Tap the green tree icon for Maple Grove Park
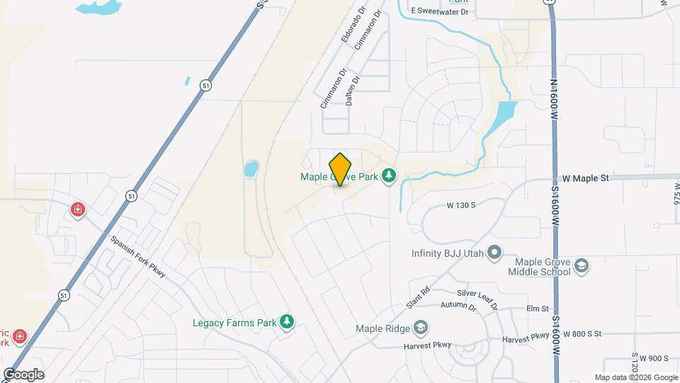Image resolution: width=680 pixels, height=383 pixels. [x=388, y=175]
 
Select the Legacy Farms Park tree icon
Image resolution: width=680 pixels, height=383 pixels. [x=287, y=323]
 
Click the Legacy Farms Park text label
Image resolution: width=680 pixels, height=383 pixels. [x=234, y=323]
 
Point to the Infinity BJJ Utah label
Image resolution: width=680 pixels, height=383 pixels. [x=448, y=253]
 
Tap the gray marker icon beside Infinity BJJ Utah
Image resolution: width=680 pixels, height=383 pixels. [x=495, y=253]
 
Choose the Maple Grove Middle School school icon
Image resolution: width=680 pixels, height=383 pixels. [x=582, y=267]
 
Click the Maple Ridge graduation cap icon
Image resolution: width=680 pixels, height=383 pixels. [x=421, y=328]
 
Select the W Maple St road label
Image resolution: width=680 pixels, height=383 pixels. [x=586, y=178]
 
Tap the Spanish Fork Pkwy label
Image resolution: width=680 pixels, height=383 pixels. [x=137, y=255]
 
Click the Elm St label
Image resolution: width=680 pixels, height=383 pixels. [x=538, y=309]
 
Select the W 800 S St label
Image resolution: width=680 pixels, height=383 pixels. [x=577, y=333]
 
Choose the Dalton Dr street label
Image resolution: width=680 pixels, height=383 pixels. [x=353, y=91]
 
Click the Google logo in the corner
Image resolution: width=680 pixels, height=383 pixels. [x=23, y=374]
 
